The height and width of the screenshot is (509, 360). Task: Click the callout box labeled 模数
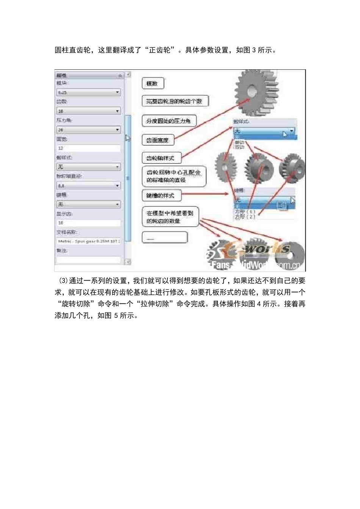click(153, 83)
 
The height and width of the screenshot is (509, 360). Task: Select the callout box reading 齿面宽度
click(158, 140)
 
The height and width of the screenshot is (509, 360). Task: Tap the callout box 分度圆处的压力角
click(169, 121)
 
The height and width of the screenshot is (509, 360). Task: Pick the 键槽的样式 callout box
click(161, 195)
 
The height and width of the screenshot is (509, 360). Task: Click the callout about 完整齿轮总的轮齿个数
click(175, 101)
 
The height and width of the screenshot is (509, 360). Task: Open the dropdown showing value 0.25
click(88, 92)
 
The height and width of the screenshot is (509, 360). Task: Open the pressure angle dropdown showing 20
click(88, 130)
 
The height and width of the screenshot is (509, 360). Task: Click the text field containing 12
click(88, 148)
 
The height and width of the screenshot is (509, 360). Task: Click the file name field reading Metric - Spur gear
click(88, 241)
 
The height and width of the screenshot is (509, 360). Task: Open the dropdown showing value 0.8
click(88, 186)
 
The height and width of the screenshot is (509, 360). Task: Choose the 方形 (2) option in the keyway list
click(245, 217)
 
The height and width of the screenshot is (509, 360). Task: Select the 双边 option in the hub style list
click(239, 147)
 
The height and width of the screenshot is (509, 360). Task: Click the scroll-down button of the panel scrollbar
click(128, 262)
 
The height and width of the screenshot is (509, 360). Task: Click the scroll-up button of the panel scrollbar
click(128, 75)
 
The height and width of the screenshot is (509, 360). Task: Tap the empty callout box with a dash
click(164, 238)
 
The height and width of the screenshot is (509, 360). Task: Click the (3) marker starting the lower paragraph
click(63, 281)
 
